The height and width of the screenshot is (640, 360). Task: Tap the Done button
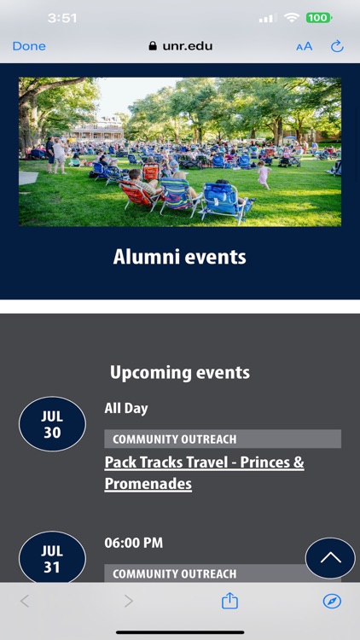[29, 46]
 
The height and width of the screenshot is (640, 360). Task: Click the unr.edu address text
[187, 46]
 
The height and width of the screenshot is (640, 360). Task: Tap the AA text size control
[305, 46]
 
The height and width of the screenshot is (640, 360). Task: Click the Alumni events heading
[180, 257]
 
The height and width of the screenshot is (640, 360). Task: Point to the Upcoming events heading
[180, 373]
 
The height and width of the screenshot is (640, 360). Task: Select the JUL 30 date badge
[52, 424]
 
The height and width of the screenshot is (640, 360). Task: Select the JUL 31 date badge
[52, 558]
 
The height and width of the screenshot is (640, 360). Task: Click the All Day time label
[126, 409]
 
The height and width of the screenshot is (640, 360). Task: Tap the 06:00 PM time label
[134, 543]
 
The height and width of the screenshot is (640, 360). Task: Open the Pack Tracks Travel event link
[204, 473]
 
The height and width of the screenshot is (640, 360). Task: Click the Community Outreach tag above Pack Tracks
[174, 439]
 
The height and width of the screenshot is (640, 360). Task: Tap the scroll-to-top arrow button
[330, 558]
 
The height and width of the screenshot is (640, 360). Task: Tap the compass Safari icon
[332, 602]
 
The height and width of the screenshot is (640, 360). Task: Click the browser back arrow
[25, 602]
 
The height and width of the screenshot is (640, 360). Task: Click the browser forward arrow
[128, 602]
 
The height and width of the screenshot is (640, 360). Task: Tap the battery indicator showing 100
[319, 18]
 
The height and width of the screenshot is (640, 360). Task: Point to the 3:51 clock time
[62, 18]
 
